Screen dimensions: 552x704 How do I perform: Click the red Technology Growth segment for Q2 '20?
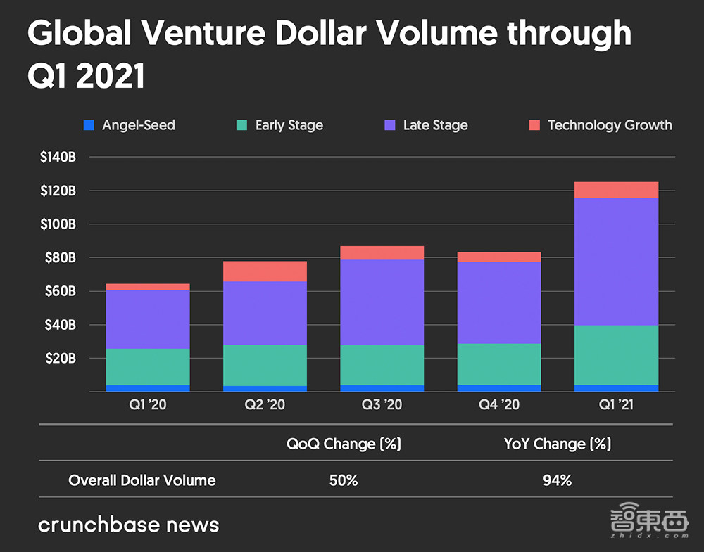tap(265, 271)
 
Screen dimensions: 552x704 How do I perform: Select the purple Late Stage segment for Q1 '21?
tap(616, 262)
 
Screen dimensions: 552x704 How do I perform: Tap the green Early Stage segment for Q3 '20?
tap(382, 365)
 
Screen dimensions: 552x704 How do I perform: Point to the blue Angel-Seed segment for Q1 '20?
tap(148, 388)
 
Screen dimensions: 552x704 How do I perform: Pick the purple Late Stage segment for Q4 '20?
tap(499, 303)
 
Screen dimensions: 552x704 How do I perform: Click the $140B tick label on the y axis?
tap(58, 157)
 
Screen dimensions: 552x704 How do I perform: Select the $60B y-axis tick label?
tap(61, 291)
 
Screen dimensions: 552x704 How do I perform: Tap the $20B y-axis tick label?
tap(61, 359)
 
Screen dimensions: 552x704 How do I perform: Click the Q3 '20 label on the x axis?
tap(382, 405)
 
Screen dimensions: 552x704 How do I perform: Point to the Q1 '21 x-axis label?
tap(616, 405)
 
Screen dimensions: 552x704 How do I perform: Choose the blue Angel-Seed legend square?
tap(89, 125)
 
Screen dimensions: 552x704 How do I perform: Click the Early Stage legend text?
tap(289, 125)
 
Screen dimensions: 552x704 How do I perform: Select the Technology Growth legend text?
tap(610, 125)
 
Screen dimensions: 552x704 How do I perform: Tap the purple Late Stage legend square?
tap(390, 125)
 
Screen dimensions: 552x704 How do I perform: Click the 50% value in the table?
tap(344, 481)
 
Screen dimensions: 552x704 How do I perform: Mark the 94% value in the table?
tap(557, 481)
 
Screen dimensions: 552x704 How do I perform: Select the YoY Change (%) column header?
tap(557, 444)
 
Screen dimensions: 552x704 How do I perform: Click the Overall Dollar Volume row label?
tap(142, 481)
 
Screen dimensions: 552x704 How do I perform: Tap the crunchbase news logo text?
tap(128, 525)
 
